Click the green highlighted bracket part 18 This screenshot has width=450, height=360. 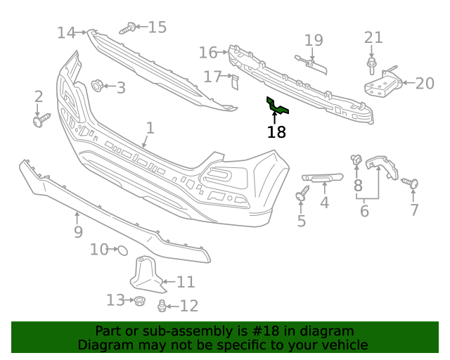278,108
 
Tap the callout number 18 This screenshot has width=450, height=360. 276,132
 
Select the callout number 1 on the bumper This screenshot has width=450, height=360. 149,128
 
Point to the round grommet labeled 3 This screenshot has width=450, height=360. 97,86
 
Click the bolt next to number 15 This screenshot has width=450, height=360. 127,29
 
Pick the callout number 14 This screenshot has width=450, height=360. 66,32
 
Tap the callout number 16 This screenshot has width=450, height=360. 208,53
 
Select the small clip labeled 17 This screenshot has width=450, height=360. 236,82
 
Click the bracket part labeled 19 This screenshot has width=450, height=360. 312,65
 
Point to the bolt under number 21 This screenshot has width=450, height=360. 371,66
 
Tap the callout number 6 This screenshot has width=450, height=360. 364,210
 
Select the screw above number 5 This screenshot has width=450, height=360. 302,193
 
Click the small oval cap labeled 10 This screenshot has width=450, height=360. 120,250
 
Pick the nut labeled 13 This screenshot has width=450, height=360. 139,301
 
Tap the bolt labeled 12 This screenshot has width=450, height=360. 162,305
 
